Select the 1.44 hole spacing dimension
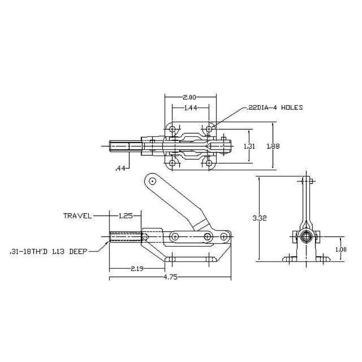(190, 108)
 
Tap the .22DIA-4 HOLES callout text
(274, 108)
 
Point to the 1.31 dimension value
(249, 146)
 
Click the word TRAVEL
(77, 216)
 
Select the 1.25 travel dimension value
(125, 216)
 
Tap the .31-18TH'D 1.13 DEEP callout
(49, 251)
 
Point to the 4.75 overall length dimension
(170, 278)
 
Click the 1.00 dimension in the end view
(341, 249)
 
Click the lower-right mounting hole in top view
(209, 163)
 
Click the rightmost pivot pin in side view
(224, 236)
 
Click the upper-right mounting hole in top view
(209, 129)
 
